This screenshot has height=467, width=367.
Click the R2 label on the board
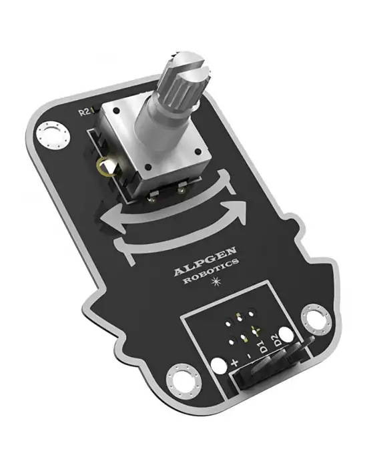tap(83, 112)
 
